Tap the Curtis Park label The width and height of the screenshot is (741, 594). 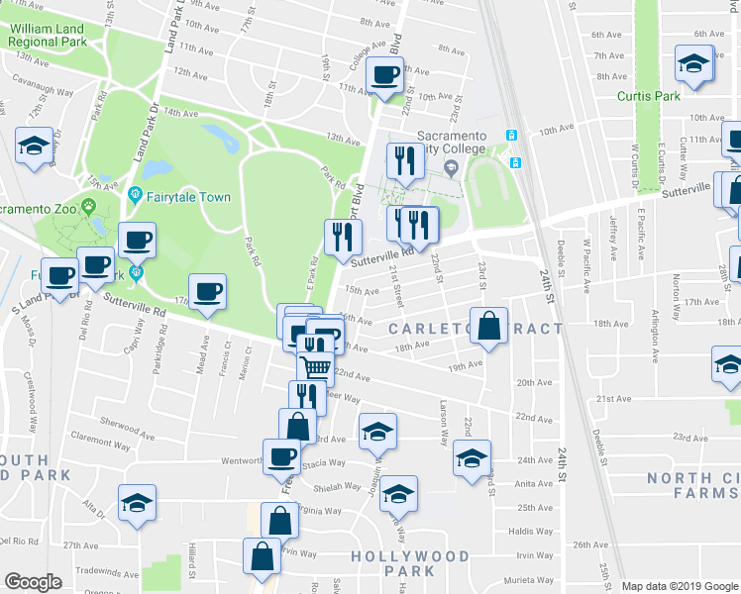(x=648, y=96)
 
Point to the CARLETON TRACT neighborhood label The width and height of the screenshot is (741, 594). (x=476, y=329)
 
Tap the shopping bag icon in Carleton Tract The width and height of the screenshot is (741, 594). (x=489, y=327)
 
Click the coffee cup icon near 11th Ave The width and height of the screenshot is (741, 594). (x=384, y=74)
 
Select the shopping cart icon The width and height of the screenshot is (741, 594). (x=316, y=368)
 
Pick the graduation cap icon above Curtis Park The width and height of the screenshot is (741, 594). (x=693, y=64)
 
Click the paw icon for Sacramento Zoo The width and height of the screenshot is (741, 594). (x=89, y=207)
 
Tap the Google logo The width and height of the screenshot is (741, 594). (x=33, y=582)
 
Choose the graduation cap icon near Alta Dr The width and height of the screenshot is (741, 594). (x=138, y=502)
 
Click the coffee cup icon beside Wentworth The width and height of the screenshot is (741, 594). (x=281, y=455)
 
